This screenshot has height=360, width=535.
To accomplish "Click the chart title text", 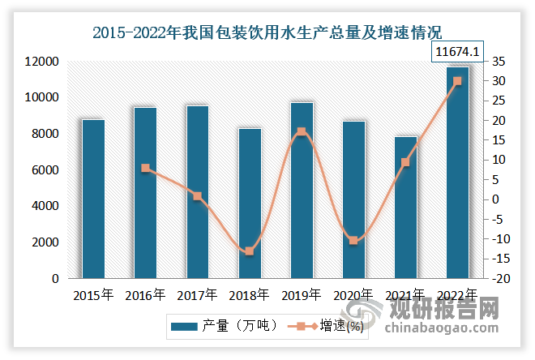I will click(x=267, y=33).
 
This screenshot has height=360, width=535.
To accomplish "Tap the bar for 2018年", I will click(x=250, y=204).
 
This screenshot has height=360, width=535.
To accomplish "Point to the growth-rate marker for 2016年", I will click(x=145, y=168).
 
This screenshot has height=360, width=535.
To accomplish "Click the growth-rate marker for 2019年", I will click(x=302, y=131).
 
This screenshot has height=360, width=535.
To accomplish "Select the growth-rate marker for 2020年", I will click(x=353, y=240).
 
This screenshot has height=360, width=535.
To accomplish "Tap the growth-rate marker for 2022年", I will click(x=457, y=81).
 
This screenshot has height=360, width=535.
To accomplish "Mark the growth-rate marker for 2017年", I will click(x=198, y=196).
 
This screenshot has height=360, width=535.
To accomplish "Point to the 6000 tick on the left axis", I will click(x=44, y=170).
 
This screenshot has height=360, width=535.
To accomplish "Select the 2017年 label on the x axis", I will click(x=197, y=295).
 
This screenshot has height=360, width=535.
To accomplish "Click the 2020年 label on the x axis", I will click(x=353, y=295).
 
